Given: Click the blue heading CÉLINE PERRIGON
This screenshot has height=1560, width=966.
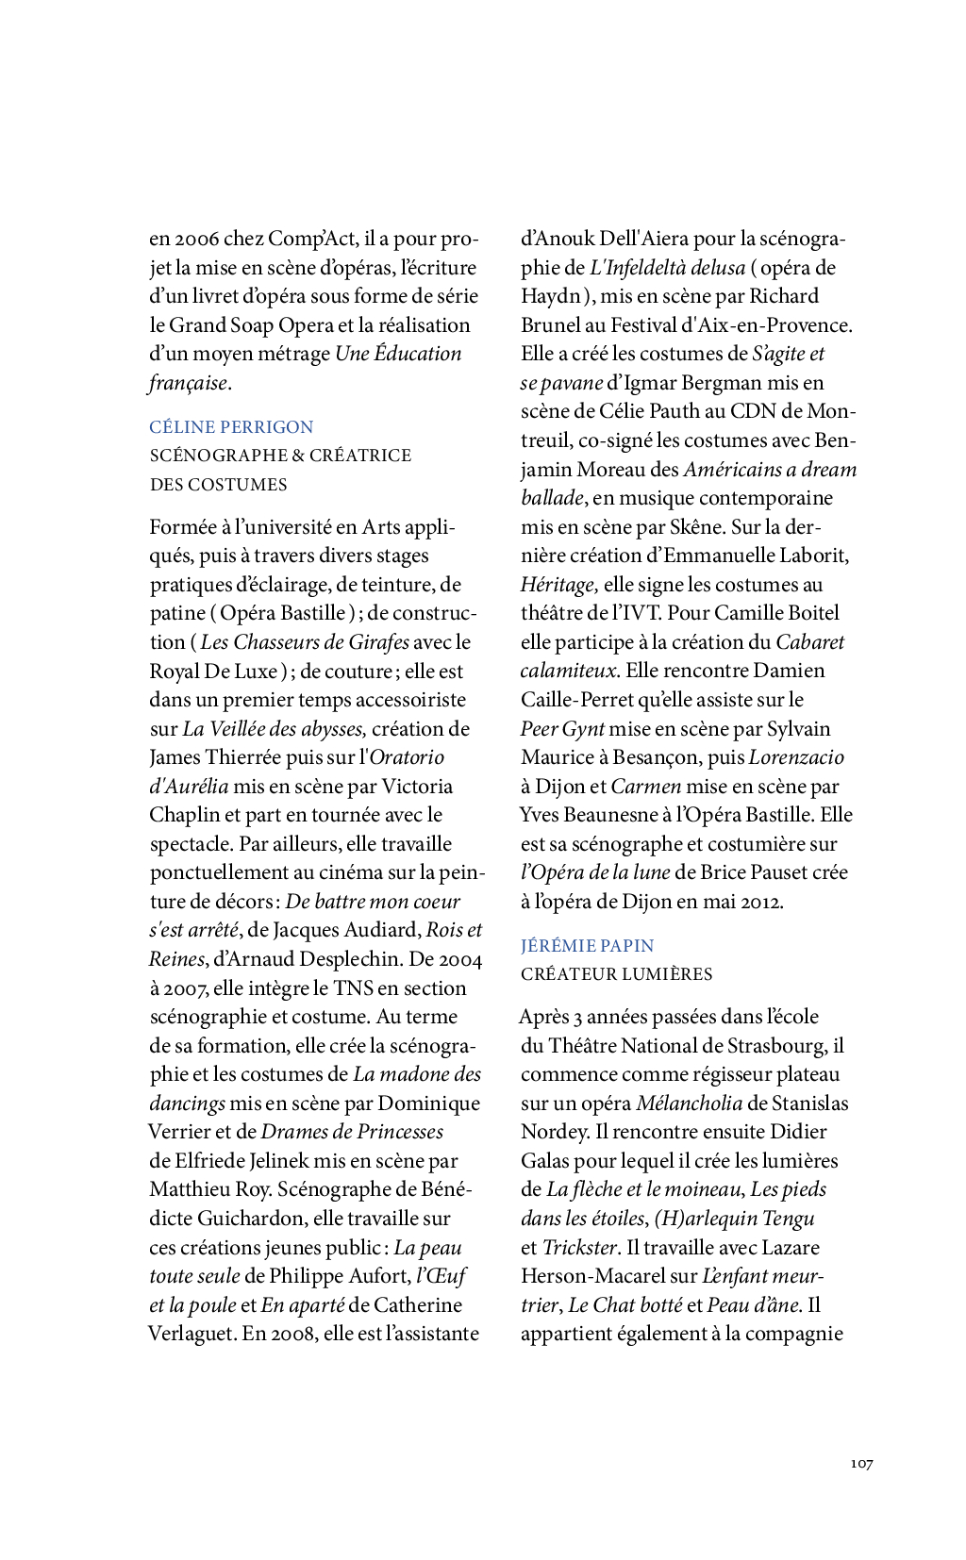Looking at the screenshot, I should tap(231, 427).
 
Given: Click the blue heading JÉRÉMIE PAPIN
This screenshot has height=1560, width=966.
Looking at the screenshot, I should tap(587, 946).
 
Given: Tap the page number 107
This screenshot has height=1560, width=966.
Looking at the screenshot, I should tap(861, 1464).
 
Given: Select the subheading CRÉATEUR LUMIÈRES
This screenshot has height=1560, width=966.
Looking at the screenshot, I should tap(616, 974).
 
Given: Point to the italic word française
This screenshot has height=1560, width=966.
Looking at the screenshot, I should tap(188, 383).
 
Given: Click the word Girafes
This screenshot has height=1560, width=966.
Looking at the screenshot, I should tap(379, 642).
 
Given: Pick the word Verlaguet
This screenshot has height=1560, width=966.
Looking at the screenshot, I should tap(190, 1334).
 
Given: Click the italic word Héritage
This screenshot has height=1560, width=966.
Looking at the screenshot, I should tap(558, 585).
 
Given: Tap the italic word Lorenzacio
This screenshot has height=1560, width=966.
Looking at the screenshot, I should tap(796, 757).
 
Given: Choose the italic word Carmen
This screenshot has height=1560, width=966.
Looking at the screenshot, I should tap(645, 787).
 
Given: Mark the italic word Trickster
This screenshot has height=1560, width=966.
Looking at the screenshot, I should tap(579, 1248).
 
